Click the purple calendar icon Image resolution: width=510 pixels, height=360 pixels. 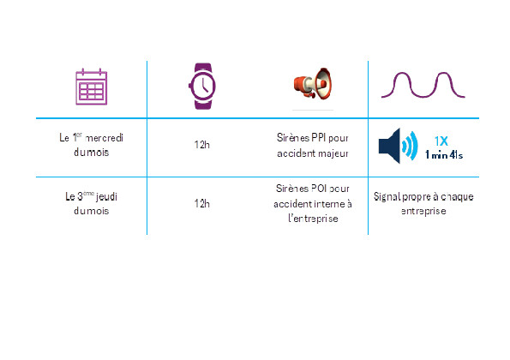pyautogui.click(x=92, y=87)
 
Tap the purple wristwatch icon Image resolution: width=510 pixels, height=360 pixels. pyautogui.click(x=202, y=87)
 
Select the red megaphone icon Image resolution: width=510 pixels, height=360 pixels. pyautogui.click(x=313, y=83)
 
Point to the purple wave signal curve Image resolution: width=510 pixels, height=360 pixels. pyautogui.click(x=423, y=85)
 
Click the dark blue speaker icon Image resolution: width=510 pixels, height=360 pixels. pyautogui.click(x=398, y=146)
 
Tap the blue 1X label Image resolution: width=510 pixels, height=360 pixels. pyautogui.click(x=441, y=141)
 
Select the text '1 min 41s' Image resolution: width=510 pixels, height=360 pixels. pyautogui.click(x=444, y=155)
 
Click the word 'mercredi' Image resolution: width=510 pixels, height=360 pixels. pyautogui.click(x=104, y=138)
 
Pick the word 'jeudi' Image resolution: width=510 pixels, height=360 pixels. pyautogui.click(x=106, y=197)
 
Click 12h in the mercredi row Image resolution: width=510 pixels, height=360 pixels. pyautogui.click(x=202, y=145)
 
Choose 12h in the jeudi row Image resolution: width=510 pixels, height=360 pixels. pyautogui.click(x=202, y=204)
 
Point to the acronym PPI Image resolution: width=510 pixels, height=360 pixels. pyautogui.click(x=318, y=138)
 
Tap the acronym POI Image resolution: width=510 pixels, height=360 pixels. pyautogui.click(x=319, y=189)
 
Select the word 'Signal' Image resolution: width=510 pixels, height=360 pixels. pyautogui.click(x=387, y=197)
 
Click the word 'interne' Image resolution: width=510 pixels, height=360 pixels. pyautogui.click(x=329, y=204)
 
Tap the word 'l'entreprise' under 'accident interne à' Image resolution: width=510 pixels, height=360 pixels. pyautogui.click(x=313, y=219)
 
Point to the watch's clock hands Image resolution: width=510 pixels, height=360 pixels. pyautogui.click(x=204, y=86)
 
